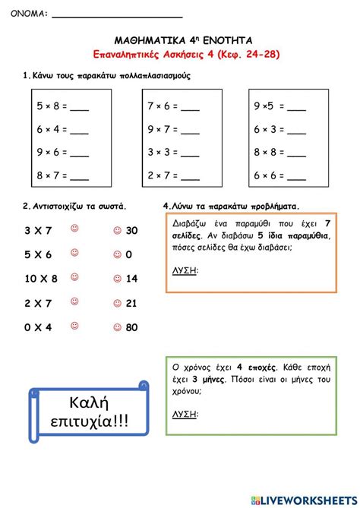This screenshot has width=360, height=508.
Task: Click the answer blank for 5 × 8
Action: [x=79, y=107]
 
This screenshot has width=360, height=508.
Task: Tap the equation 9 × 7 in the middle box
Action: [x=163, y=130]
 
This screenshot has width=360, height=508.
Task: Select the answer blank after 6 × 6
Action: [x=297, y=175]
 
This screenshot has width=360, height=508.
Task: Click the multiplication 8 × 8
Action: [x=269, y=153]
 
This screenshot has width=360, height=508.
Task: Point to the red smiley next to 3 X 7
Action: [x=74, y=229]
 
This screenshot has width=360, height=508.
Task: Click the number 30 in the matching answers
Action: [x=131, y=230]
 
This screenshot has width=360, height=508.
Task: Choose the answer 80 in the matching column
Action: [x=131, y=328]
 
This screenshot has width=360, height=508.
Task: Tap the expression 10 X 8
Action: [x=41, y=279]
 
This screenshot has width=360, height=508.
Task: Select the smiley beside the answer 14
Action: [x=116, y=279]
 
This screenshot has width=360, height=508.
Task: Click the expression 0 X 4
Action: [x=38, y=328]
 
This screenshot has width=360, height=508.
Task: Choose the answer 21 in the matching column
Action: [x=131, y=304]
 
